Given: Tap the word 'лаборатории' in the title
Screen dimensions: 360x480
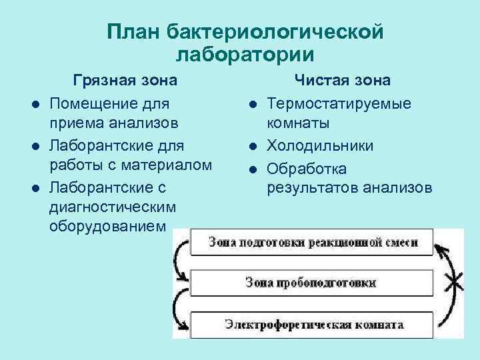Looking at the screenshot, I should (x=245, y=55).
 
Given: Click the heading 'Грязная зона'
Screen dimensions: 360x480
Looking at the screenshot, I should (x=125, y=81).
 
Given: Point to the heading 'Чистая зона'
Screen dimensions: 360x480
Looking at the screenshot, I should (x=343, y=81).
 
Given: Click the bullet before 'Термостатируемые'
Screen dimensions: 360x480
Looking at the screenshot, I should (x=253, y=104).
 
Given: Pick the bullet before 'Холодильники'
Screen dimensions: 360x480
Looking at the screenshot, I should (x=253, y=145).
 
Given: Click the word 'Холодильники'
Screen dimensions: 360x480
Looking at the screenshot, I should (x=320, y=145).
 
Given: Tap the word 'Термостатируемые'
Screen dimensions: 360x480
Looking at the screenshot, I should (x=339, y=103).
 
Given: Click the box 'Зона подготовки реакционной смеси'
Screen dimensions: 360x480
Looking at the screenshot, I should (x=312, y=242).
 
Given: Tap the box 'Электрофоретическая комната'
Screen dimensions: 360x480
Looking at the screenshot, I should (x=313, y=325).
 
